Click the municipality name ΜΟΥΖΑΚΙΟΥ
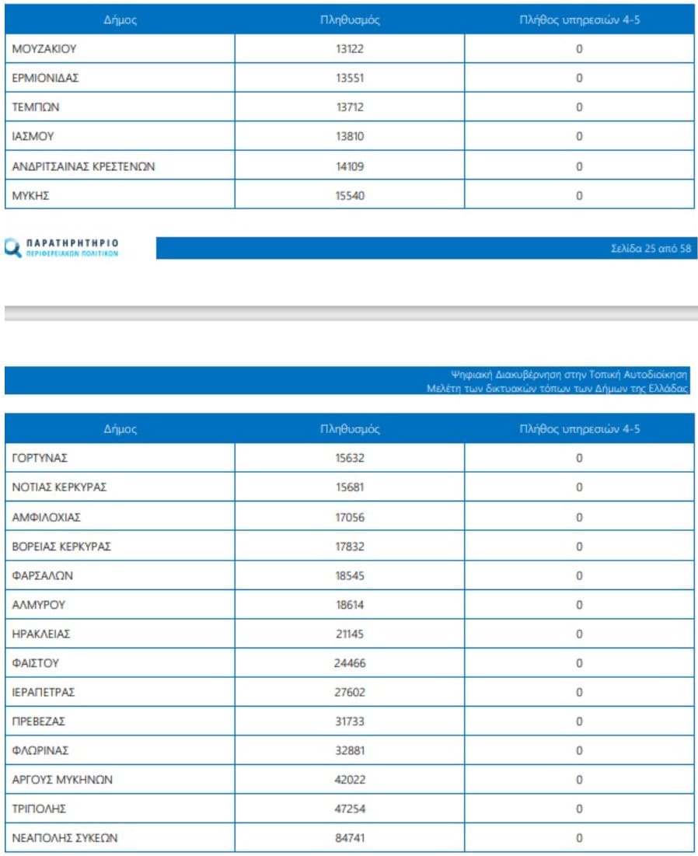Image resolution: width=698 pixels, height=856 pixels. point(44,49)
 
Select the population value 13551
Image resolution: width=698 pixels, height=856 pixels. point(350,79)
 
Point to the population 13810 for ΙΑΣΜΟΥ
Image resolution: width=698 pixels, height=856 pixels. point(350,137)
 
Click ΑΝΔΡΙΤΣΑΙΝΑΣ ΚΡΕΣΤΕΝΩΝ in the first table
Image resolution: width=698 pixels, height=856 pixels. point(79,166)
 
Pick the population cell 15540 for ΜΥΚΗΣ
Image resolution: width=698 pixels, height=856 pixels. point(350,196)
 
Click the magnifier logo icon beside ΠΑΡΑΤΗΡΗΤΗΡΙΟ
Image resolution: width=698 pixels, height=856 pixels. point(13,249)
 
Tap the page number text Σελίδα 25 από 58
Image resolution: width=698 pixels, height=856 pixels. point(651,249)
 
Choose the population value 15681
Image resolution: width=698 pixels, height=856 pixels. point(350,487)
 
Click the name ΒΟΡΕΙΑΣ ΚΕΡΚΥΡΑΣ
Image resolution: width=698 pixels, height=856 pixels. point(61,547)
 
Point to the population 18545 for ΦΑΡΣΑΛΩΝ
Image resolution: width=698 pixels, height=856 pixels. point(350,576)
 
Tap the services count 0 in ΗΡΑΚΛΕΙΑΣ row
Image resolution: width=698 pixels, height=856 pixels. point(579,634)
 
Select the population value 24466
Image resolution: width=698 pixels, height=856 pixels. point(350,664)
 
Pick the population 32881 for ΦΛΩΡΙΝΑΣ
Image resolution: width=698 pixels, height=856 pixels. point(350,751)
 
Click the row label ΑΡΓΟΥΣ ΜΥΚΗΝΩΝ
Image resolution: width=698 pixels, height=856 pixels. point(63,780)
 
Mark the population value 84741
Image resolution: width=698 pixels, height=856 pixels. point(350,838)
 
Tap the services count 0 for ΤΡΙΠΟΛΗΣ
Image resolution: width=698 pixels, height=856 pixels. point(579,809)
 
